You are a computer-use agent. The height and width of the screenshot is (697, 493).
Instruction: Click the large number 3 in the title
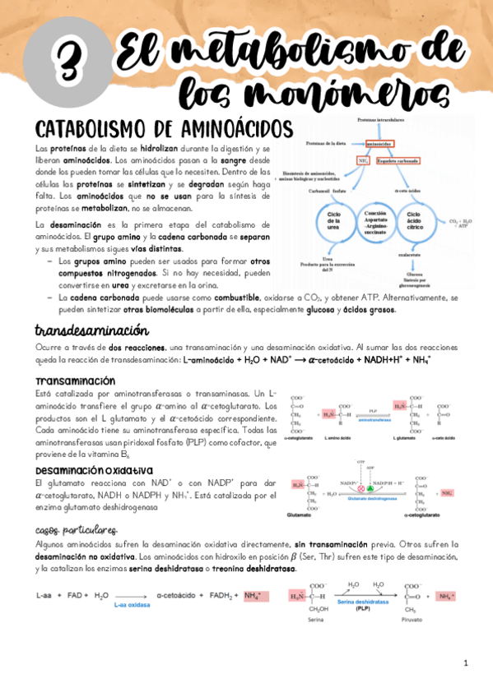click(x=63, y=60)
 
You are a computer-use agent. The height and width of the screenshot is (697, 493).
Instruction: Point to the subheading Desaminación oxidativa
click(x=91, y=470)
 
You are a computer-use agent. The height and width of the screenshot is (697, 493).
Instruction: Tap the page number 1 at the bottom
click(x=465, y=662)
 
